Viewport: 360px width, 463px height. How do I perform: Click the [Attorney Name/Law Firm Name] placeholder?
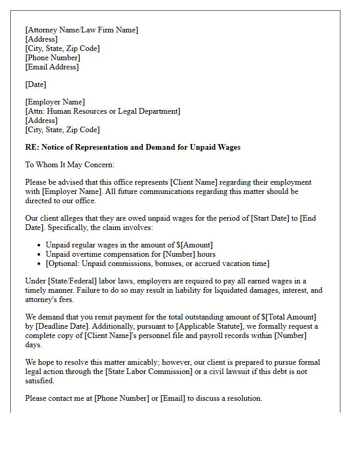(x=82, y=30)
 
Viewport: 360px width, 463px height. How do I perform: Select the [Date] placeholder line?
(x=35, y=84)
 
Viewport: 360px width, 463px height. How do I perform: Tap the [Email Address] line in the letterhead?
(x=52, y=67)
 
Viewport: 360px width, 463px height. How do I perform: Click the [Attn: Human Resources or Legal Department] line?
(x=103, y=111)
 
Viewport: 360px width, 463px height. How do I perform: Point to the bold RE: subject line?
(x=133, y=147)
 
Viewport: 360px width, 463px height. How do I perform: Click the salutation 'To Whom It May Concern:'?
(x=69, y=165)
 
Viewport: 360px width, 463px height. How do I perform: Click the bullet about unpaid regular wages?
(x=129, y=245)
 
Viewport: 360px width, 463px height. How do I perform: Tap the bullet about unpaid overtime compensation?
(x=131, y=254)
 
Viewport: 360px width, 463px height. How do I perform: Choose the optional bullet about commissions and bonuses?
(x=157, y=263)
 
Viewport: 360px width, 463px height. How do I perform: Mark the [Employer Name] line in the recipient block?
(x=55, y=102)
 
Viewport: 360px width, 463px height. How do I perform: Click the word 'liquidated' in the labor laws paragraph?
(x=235, y=290)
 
